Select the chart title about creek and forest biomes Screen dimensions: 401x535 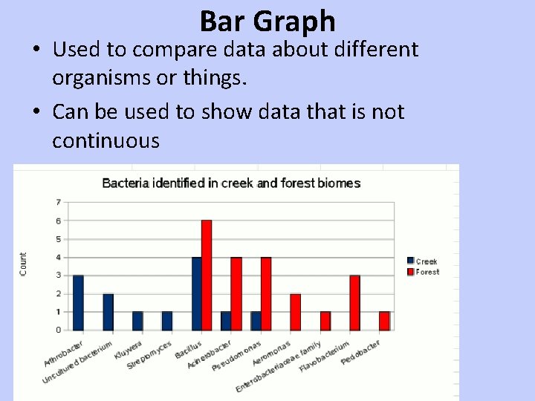click(x=230, y=183)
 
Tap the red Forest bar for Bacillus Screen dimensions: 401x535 click(x=207, y=275)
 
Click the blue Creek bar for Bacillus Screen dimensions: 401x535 click(x=197, y=293)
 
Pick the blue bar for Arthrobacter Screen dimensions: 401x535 click(x=78, y=302)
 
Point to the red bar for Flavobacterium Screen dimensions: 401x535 click(x=355, y=302)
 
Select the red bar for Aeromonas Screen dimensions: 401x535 click(x=296, y=312)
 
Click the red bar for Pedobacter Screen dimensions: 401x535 click(x=384, y=321)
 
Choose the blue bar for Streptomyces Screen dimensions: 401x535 click(x=167, y=321)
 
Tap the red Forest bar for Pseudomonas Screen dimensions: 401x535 click(x=266, y=293)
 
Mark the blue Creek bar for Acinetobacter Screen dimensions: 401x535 click(x=227, y=321)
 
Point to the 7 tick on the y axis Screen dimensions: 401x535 click(x=59, y=202)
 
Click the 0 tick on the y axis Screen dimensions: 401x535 click(x=59, y=330)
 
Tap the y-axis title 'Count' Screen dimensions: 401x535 click(x=23, y=264)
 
